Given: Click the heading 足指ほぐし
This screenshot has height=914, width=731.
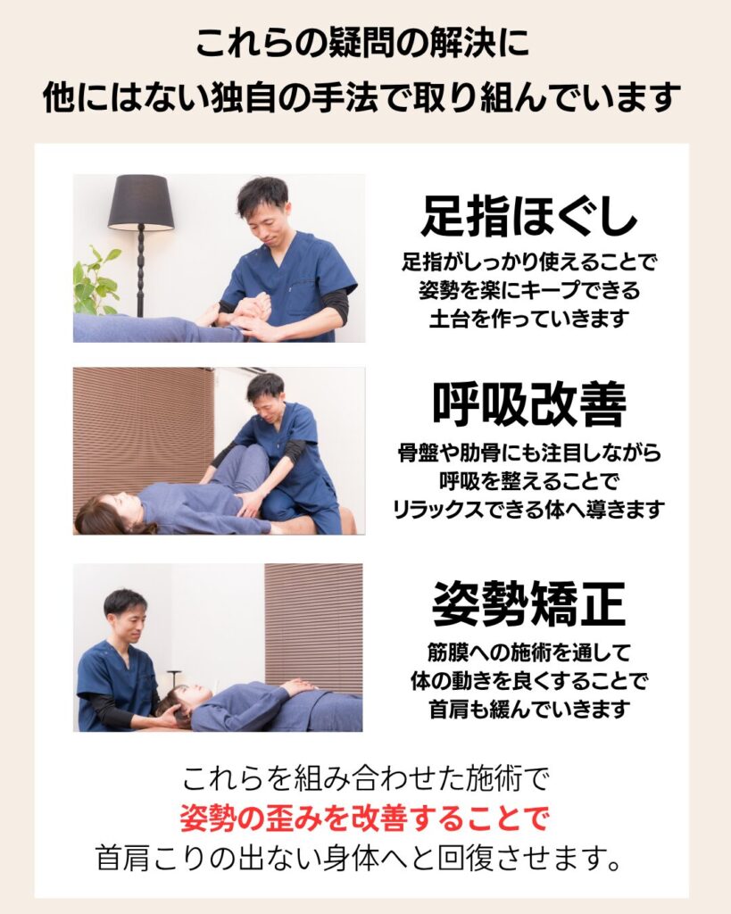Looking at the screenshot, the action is click(x=528, y=215).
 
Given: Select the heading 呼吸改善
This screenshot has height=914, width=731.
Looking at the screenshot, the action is click(x=528, y=404).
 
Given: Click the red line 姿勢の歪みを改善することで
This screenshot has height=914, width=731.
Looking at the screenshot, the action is click(x=364, y=818).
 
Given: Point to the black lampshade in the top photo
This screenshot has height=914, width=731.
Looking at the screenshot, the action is click(x=141, y=203).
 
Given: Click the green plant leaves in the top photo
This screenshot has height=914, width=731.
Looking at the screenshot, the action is click(x=96, y=281).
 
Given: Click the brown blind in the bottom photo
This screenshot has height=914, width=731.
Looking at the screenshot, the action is click(x=313, y=628).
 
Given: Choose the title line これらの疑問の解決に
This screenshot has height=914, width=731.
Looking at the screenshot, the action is click(x=363, y=43).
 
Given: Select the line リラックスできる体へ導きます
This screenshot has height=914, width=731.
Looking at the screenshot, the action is click(x=528, y=510).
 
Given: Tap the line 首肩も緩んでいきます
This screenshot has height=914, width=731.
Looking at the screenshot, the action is click(x=529, y=710).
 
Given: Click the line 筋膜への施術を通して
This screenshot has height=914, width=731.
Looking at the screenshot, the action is click(x=529, y=652).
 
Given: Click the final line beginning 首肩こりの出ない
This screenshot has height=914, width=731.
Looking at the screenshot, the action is click(x=358, y=860).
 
